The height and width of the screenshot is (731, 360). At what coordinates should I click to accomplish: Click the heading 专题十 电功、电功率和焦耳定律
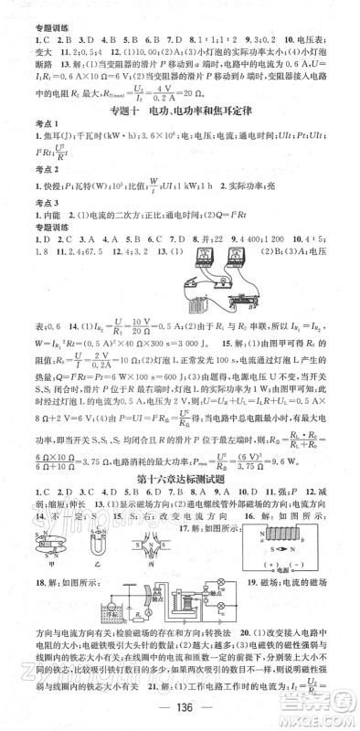pos(179,111)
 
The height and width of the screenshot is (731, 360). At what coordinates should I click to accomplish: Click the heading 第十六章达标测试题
pos(179,481)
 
